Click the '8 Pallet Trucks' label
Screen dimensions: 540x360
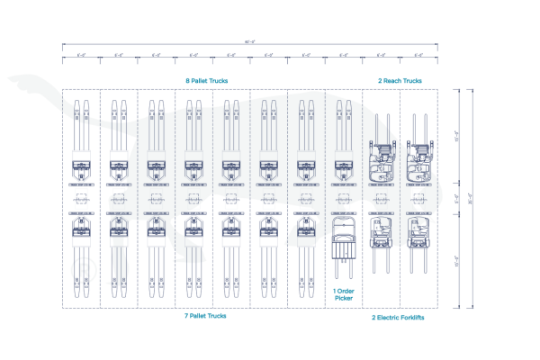coord(206,81)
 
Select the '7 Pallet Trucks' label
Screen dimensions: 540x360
coord(205,316)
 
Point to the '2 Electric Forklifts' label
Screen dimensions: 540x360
coord(399,317)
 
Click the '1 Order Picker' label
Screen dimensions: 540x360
coord(344,293)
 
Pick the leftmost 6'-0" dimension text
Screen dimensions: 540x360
coord(81,56)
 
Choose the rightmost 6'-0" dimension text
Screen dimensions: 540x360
coord(418,56)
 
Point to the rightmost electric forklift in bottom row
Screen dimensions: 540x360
coord(418,236)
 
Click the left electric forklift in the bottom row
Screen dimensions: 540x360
coord(381,236)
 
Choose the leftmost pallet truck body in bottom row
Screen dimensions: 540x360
coord(81,229)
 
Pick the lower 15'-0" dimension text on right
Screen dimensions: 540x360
coord(458,262)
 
